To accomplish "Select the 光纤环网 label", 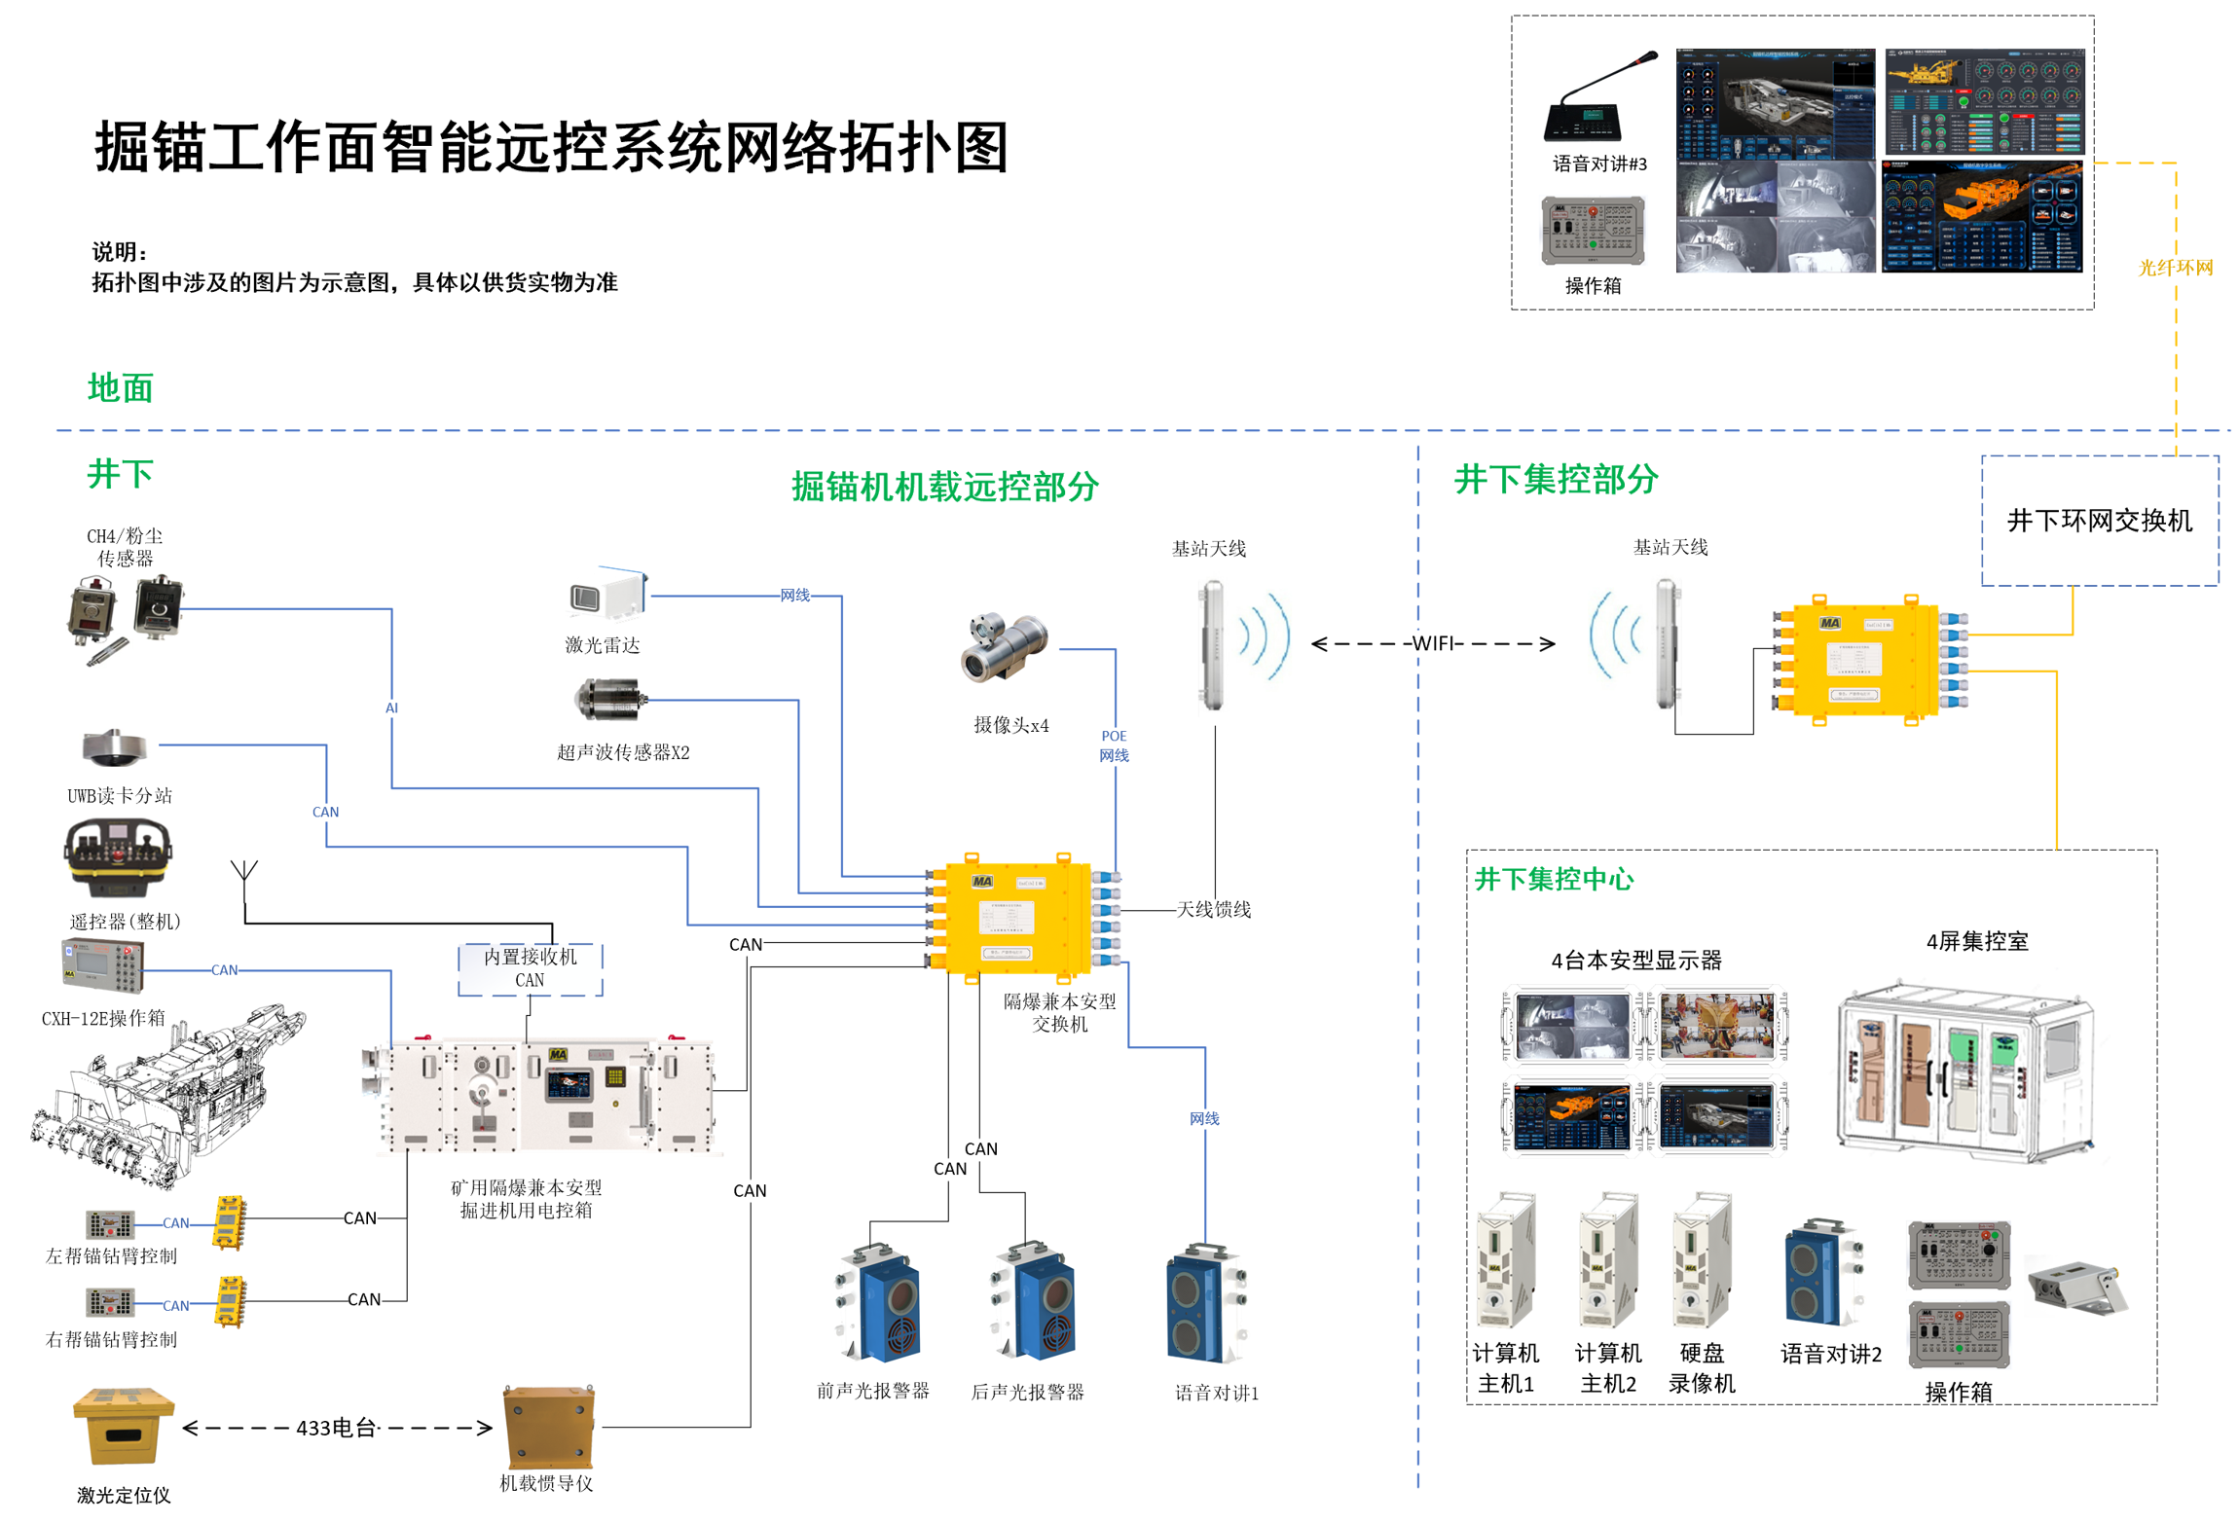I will pyautogui.click(x=2175, y=268).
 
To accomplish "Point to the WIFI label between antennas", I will pyautogui.click(x=1432, y=643).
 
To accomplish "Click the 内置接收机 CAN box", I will pyautogui.click(x=530, y=968).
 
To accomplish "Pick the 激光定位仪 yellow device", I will pyautogui.click(x=123, y=1426).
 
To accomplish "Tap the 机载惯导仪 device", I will pyautogui.click(x=547, y=1427).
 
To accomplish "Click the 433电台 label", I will pyautogui.click(x=336, y=1428).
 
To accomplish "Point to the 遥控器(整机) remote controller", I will pyautogui.click(x=118, y=855).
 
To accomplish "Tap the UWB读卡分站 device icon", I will pyautogui.click(x=115, y=747).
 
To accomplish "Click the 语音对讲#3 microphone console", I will pyautogui.click(x=1597, y=98).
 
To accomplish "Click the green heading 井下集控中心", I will pyautogui.click(x=1553, y=879).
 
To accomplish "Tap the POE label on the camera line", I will pyautogui.click(x=1114, y=736).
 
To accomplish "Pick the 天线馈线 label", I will pyautogui.click(x=1213, y=909).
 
